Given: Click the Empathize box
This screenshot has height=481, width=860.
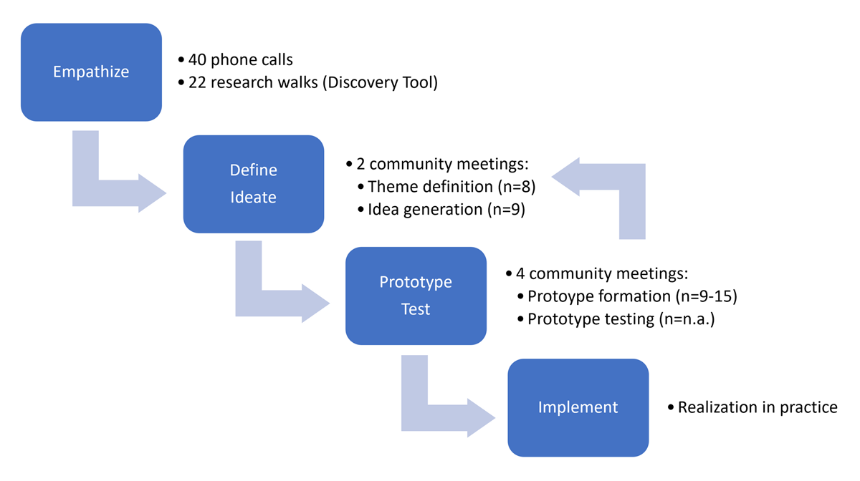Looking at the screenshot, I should [x=91, y=72].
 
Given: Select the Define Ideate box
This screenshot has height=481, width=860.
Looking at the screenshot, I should [x=253, y=184].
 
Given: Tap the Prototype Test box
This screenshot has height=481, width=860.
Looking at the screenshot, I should [x=416, y=296].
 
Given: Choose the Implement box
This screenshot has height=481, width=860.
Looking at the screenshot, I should [x=578, y=407].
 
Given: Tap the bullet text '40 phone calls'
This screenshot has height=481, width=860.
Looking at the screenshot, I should [x=240, y=60].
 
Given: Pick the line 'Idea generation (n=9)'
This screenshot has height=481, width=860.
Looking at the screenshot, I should [x=446, y=210].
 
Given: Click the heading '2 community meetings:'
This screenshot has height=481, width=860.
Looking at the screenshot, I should [x=442, y=164].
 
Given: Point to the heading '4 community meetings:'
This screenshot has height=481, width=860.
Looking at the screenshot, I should [x=602, y=273].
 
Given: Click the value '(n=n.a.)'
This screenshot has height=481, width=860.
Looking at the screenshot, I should [x=687, y=319].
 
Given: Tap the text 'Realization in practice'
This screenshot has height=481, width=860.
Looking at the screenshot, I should [x=758, y=407].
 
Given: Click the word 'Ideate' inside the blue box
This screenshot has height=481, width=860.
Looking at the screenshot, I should [x=253, y=197].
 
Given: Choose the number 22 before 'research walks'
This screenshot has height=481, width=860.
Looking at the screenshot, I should [x=198, y=82].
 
